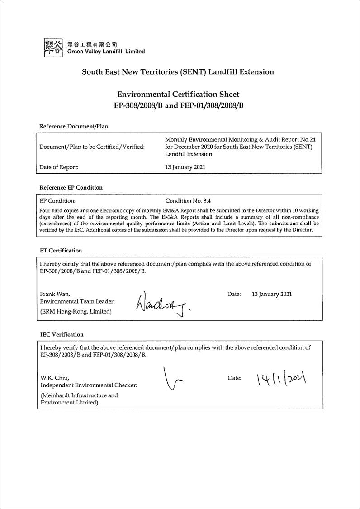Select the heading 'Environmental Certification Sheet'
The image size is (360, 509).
coord(178,94)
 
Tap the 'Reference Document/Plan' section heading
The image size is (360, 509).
coord(74,126)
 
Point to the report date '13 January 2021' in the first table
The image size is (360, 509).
coord(185,167)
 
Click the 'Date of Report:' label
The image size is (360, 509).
coord(59,167)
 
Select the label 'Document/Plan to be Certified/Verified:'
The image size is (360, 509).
coord(92,147)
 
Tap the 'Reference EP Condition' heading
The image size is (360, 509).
coord(71,187)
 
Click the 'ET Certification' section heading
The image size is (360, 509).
coord(61,250)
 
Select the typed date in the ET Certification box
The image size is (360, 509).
coord(272,294)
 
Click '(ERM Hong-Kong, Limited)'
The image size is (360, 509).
coord(76,311)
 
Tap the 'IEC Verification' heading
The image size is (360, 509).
coord(62,334)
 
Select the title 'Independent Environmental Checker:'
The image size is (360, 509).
coord(89,385)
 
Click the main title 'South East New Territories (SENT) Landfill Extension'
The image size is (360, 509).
coord(178,71)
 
